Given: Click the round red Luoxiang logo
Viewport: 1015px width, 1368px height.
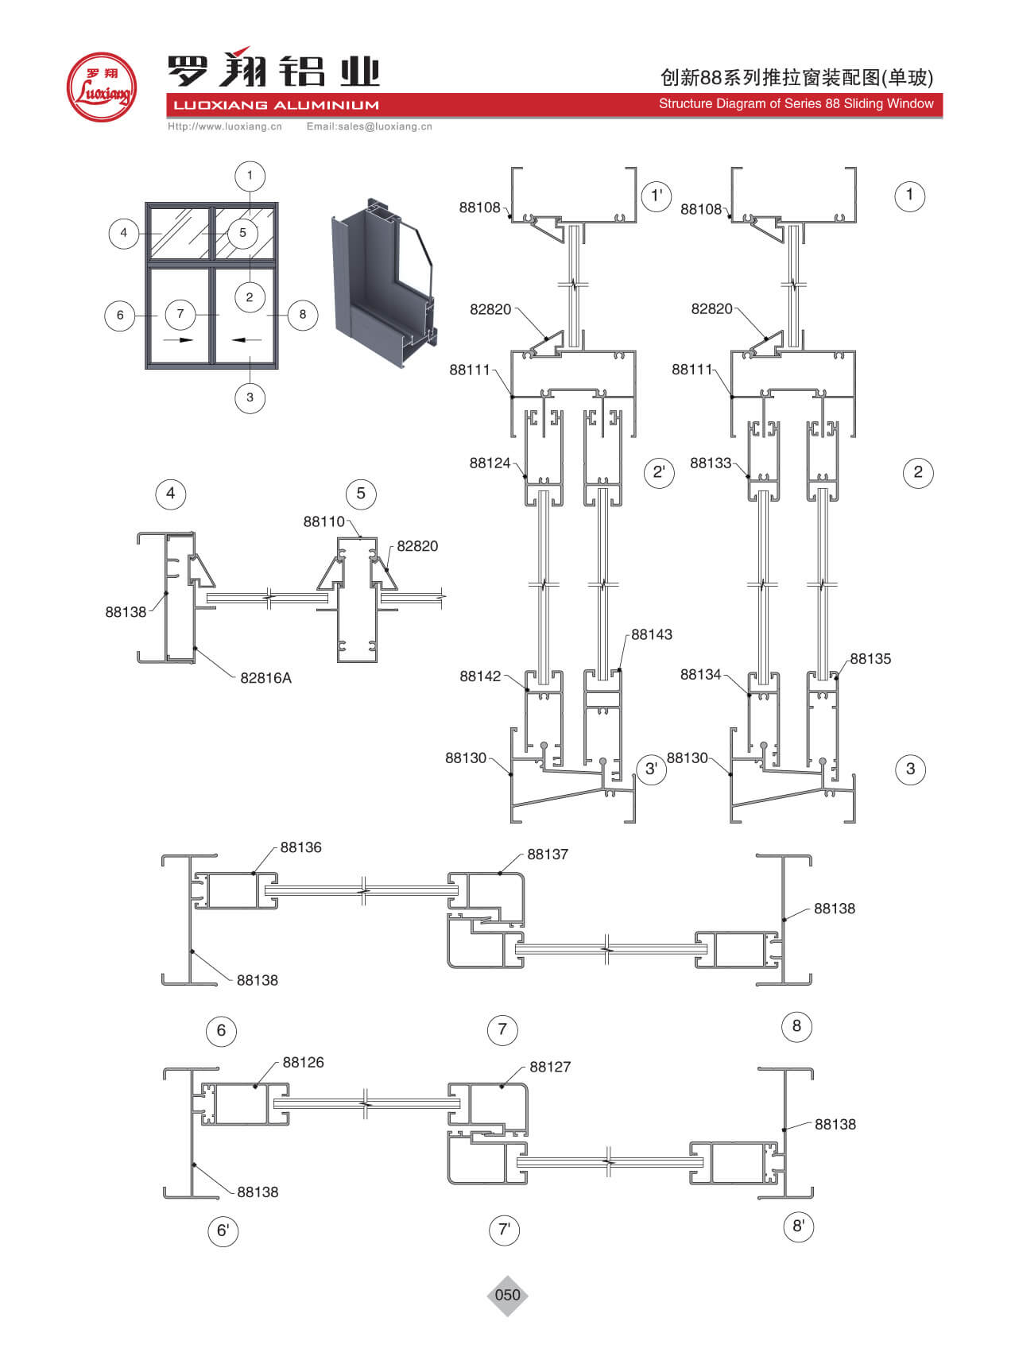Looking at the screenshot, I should pos(101,87).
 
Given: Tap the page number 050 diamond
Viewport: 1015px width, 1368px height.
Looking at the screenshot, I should pos(507,1295).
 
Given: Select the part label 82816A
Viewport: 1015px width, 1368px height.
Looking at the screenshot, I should pos(265,678).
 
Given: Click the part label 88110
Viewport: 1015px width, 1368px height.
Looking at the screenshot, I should pos(324,521).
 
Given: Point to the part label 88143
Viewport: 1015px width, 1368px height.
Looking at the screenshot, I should pos(652,634).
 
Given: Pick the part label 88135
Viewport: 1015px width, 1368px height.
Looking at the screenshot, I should pos(870,658).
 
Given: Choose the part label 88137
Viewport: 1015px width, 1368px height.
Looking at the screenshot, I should pos(548,854).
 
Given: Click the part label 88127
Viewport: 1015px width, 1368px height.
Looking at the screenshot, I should pos(550,1067).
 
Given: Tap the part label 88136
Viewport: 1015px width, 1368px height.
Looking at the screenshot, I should pos(300,847).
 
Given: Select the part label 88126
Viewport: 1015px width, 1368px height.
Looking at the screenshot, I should pos(303,1062).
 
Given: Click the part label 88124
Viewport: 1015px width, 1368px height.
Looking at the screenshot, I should pos(490,463).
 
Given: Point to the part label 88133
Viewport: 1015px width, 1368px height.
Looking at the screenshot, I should pos(711,463).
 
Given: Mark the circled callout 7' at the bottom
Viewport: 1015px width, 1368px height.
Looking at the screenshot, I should pos(504,1230).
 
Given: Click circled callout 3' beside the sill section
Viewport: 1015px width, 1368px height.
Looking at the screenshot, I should pos(651,769).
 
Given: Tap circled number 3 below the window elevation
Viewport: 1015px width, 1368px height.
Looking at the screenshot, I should pos(250,397).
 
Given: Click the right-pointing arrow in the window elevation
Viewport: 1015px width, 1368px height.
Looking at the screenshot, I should pos(180,339).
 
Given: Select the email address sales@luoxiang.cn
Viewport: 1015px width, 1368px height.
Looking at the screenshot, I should pos(369,126).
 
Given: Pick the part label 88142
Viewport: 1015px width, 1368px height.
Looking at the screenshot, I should pos(480,676).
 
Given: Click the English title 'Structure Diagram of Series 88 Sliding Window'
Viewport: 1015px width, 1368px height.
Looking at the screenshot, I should pos(796,103).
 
